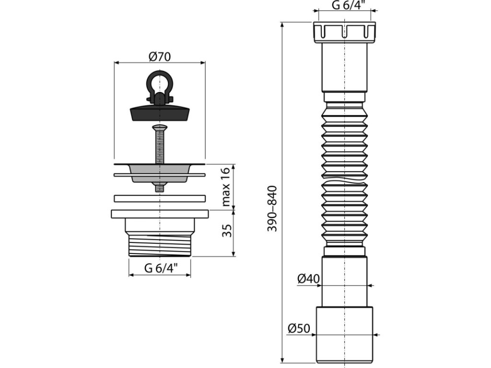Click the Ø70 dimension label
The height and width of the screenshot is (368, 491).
160,56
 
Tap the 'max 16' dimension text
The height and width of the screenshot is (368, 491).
226,187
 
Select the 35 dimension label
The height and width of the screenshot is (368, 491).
227,230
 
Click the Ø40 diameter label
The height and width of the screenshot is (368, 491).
308,278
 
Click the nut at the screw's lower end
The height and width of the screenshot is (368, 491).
159,187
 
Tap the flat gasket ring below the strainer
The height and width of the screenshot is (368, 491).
160,197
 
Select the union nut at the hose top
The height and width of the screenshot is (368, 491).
344,31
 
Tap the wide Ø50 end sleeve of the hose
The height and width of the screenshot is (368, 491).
344,334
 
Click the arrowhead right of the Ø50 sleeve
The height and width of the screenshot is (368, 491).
376,335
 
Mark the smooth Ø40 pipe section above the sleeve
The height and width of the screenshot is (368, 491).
344,283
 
